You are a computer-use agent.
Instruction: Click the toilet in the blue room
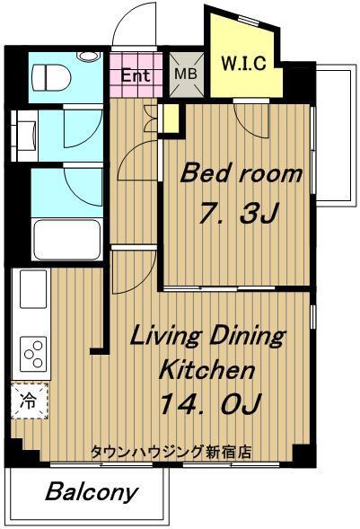click(x=51, y=77)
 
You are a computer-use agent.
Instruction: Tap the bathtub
click(x=67, y=240)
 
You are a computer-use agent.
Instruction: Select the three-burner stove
click(x=33, y=354)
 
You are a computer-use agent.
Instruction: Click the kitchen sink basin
click(x=33, y=289)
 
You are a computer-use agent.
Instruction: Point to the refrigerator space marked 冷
click(x=30, y=401)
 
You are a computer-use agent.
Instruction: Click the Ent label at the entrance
click(x=136, y=75)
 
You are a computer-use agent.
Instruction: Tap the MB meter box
click(x=187, y=75)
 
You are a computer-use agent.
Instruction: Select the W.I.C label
click(x=243, y=63)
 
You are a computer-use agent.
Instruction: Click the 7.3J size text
click(x=238, y=213)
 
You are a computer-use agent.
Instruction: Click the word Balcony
click(x=92, y=493)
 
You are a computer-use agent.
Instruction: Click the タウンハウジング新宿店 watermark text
click(x=171, y=452)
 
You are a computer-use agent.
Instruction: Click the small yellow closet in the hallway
click(x=171, y=119)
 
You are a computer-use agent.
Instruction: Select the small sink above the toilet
click(x=89, y=57)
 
